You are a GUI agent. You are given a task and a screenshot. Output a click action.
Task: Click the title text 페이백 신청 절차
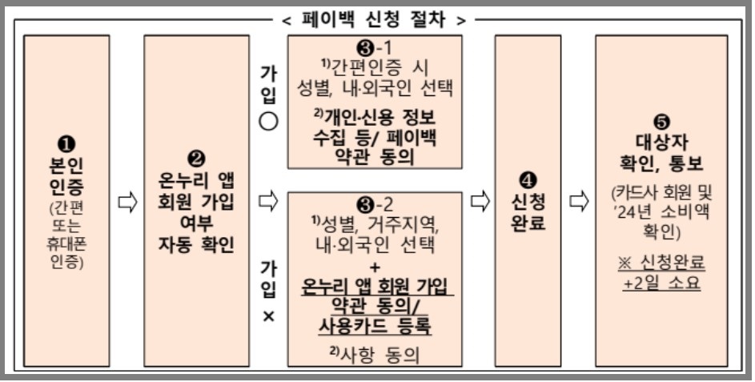(377, 17)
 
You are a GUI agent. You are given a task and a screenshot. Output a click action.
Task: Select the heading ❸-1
(375, 47)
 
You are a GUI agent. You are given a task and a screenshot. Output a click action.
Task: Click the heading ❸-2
(375, 203)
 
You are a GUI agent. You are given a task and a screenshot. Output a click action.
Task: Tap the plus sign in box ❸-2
(375, 266)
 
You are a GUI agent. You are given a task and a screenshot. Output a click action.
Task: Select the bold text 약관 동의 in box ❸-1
(375, 155)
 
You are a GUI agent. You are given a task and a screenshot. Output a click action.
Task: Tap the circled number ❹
(528, 180)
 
